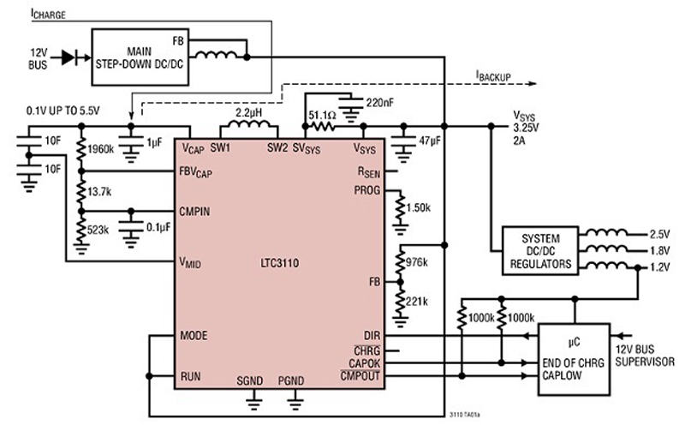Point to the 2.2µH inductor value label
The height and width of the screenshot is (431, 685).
pyautogui.click(x=247, y=112)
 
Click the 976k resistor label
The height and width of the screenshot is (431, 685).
pyautogui.click(x=420, y=261)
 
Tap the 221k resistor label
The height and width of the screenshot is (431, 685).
pyautogui.click(x=420, y=301)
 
